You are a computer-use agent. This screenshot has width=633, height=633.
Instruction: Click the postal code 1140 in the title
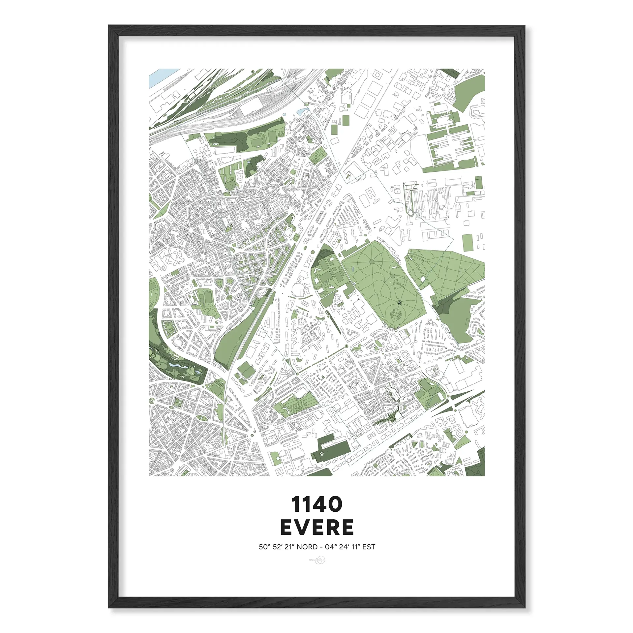coord(316,505)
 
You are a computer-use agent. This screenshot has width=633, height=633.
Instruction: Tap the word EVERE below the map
coord(316,527)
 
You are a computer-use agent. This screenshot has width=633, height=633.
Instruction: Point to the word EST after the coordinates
coord(369,547)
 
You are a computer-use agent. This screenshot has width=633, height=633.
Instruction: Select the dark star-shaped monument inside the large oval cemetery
coord(400,302)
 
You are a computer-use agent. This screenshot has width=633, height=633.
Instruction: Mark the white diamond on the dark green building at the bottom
coord(321,455)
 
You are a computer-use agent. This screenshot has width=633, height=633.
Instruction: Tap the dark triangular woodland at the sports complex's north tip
coord(324,253)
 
